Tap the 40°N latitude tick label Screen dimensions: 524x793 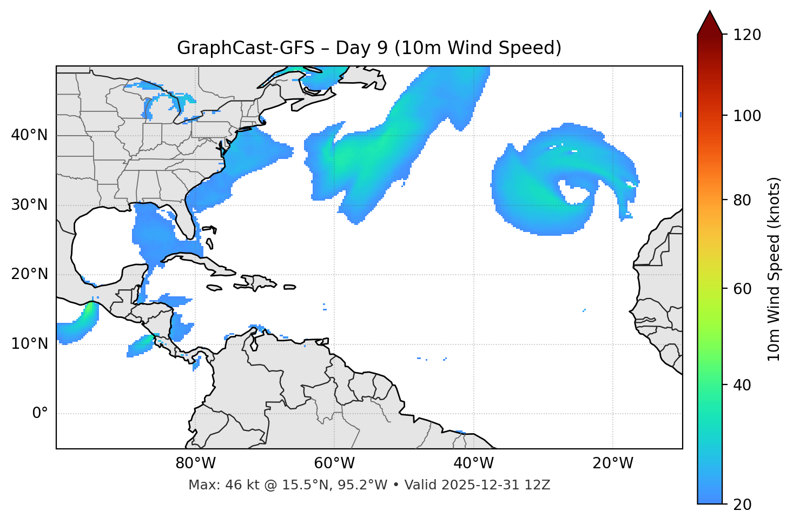pyautogui.click(x=29, y=135)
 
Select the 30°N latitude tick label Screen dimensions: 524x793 pyautogui.click(x=29, y=205)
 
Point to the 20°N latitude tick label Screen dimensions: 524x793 pyautogui.click(x=29, y=274)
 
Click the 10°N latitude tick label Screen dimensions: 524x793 pyautogui.click(x=29, y=344)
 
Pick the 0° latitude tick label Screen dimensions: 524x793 pyautogui.click(x=40, y=414)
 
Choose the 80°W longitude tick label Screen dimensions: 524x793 pyautogui.click(x=195, y=463)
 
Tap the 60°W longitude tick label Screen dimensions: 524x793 pyautogui.click(x=334, y=463)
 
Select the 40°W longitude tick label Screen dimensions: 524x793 pyautogui.click(x=473, y=463)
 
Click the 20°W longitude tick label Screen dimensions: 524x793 pyautogui.click(x=613, y=463)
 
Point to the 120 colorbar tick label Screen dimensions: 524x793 pyautogui.click(x=746, y=35)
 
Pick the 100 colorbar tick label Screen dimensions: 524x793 pyautogui.click(x=746, y=116)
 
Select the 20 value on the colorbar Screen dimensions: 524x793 pyautogui.click(x=742, y=505)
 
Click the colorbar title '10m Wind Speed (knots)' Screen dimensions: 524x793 pyautogui.click(x=774, y=269)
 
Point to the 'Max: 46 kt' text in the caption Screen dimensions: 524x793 pyautogui.click(x=215, y=485)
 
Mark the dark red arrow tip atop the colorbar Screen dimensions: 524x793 pyautogui.click(x=710, y=21)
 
